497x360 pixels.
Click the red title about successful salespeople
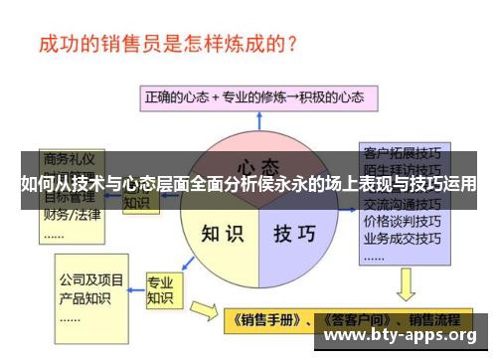point(170,45)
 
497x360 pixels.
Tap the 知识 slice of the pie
point(222,234)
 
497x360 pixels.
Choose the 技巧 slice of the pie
point(294,234)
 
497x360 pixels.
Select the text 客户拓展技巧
point(403,154)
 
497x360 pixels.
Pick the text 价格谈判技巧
point(403,221)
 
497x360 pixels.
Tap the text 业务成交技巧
point(403,238)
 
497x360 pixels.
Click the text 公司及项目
point(91,280)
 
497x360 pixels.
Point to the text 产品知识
point(84,299)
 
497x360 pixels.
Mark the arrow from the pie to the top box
point(257,121)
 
